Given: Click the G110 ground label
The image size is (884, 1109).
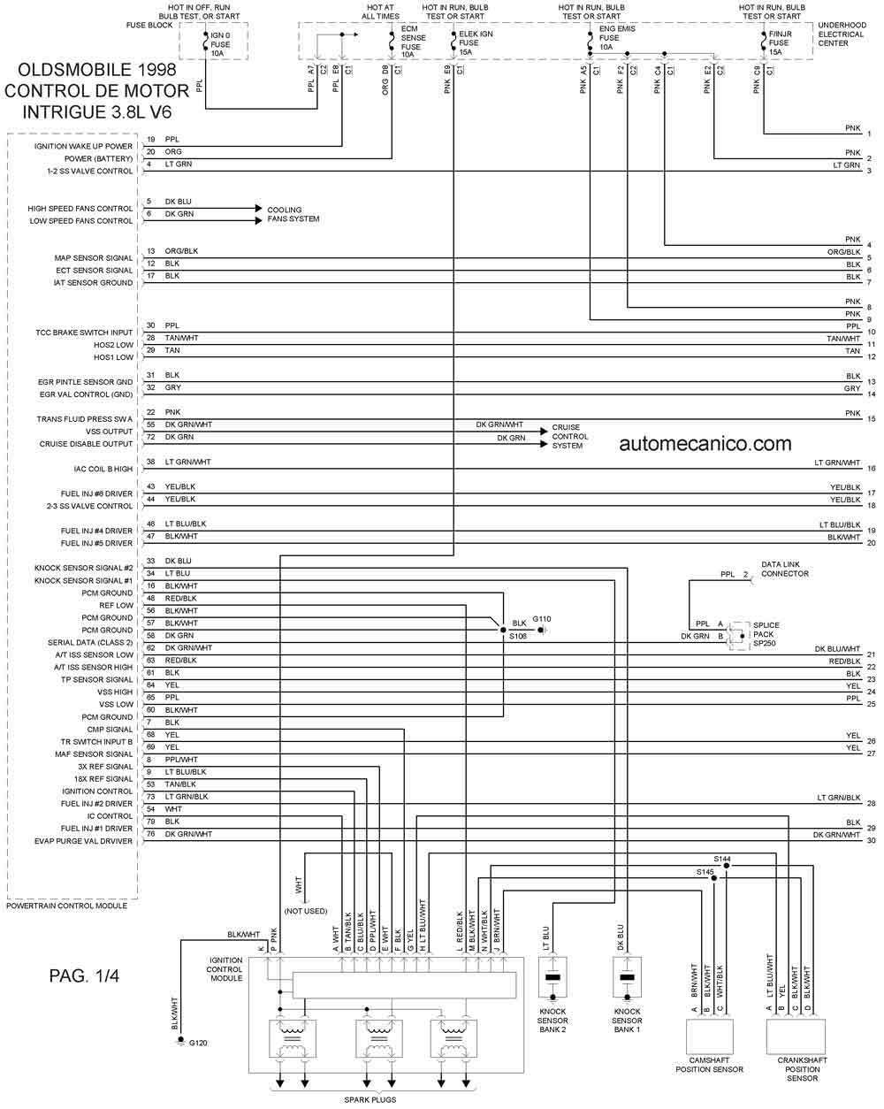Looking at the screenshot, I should coord(541,618).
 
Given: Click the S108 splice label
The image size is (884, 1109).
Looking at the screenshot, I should coord(517,635).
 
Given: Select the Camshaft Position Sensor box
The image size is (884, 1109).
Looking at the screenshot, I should coord(709,1035).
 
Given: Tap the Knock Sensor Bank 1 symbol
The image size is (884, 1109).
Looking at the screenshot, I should coord(627,979).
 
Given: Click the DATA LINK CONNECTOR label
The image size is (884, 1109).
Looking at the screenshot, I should coord(785,569).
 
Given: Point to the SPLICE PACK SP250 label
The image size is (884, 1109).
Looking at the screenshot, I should coord(766,634).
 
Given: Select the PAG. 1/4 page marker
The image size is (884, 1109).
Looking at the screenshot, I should coord(84,976).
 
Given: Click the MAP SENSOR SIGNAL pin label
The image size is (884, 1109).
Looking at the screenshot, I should coord(94,258).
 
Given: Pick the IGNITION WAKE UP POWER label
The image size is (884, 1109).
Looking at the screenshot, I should coord(83,146).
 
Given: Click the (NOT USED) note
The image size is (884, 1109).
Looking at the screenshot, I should coord(306,911).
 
